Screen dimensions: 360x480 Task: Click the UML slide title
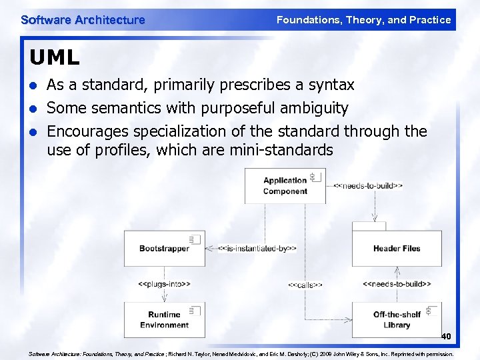click(54, 58)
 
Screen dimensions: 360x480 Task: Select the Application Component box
click(285, 185)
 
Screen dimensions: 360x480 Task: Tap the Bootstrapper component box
click(164, 248)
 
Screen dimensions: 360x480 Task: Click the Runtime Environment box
click(164, 319)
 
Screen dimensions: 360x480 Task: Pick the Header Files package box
click(396, 248)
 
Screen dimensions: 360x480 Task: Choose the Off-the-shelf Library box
click(396, 319)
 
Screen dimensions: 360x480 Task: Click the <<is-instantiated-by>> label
click(257, 249)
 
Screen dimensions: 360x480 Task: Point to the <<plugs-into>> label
click(164, 284)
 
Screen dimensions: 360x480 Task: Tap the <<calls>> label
click(305, 285)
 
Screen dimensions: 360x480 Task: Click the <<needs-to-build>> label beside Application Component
click(367, 185)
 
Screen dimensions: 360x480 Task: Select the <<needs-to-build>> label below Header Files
click(397, 284)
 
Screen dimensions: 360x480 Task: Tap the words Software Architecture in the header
click(83, 20)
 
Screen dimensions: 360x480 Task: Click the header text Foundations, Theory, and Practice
click(363, 20)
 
